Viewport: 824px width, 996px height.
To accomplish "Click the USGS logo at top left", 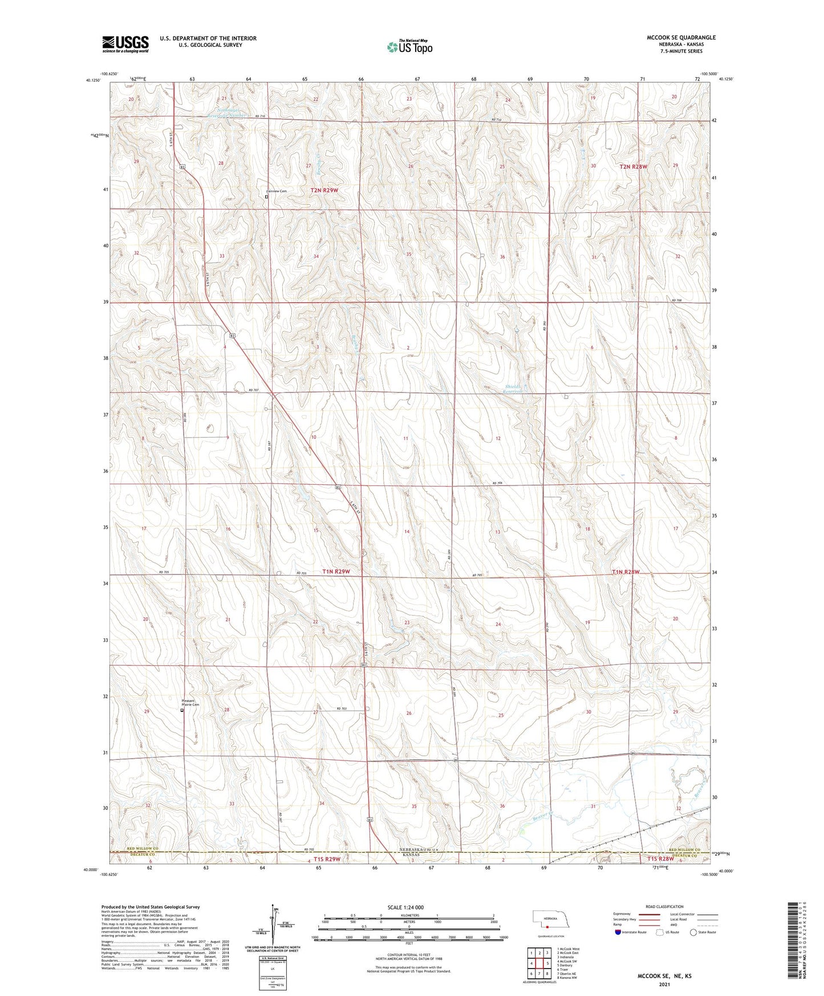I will coord(125,44).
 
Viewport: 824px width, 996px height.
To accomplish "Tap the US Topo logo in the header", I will coord(409,47).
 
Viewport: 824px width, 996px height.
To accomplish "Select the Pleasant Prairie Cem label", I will coord(190,703).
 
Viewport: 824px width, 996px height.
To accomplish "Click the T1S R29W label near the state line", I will coord(327,859).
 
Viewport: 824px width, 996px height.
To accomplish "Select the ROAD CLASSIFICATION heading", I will coord(664,906).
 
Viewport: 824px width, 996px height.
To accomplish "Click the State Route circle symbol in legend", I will coord(693,932).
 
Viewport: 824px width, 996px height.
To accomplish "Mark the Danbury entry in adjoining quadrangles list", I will coord(565,965).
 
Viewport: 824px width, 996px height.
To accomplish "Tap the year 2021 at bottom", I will coord(664,984).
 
